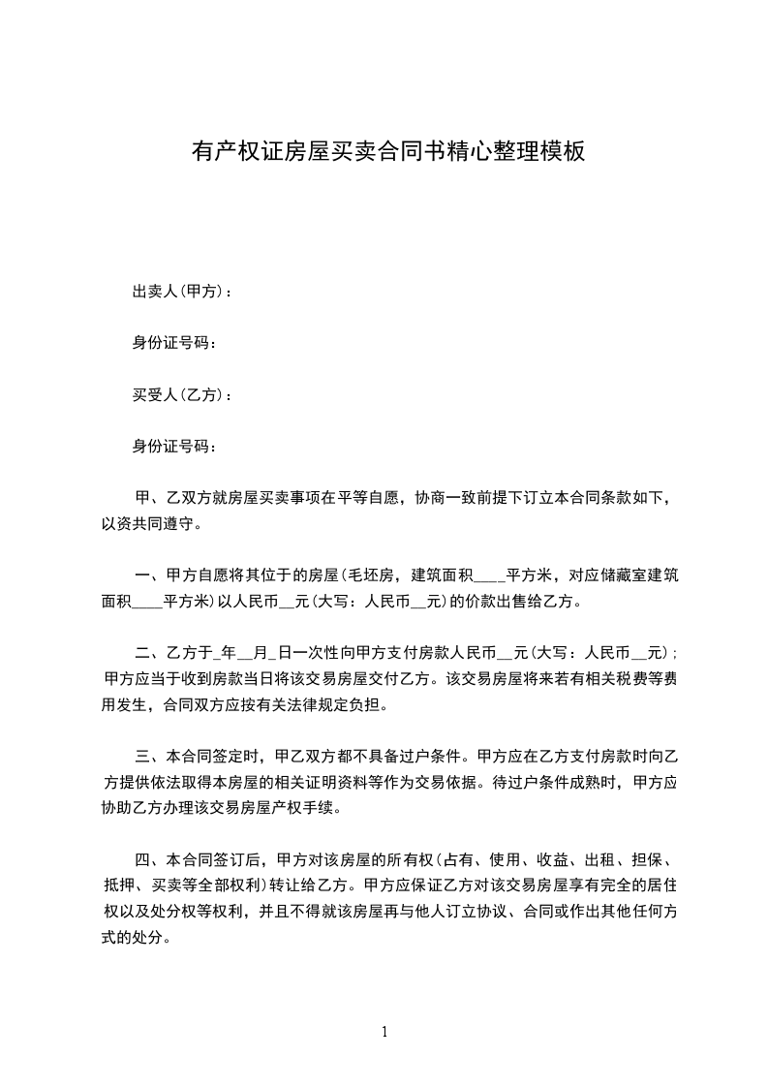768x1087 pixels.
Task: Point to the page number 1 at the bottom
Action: click(384, 1031)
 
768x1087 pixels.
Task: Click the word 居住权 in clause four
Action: click(662, 885)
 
